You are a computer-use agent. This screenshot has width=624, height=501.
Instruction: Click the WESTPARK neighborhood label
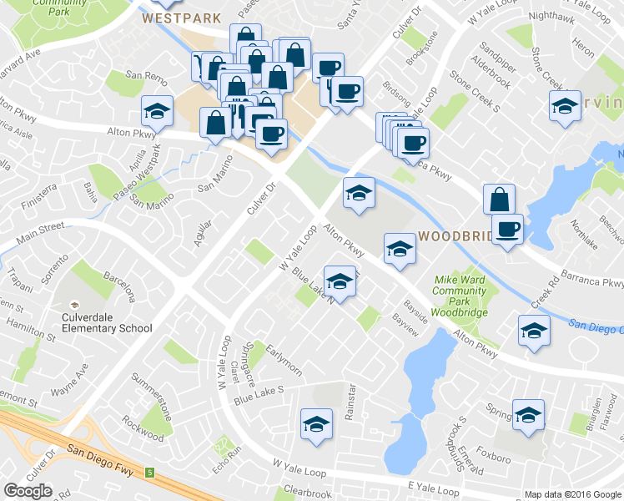181,18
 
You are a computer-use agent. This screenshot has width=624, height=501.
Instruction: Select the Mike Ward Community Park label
459,296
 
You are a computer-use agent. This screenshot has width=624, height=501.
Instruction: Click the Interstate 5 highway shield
150,473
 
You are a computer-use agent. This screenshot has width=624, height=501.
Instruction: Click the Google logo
28,491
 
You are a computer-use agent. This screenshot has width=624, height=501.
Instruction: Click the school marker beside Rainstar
316,424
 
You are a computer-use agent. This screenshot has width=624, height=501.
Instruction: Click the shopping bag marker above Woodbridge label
499,199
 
